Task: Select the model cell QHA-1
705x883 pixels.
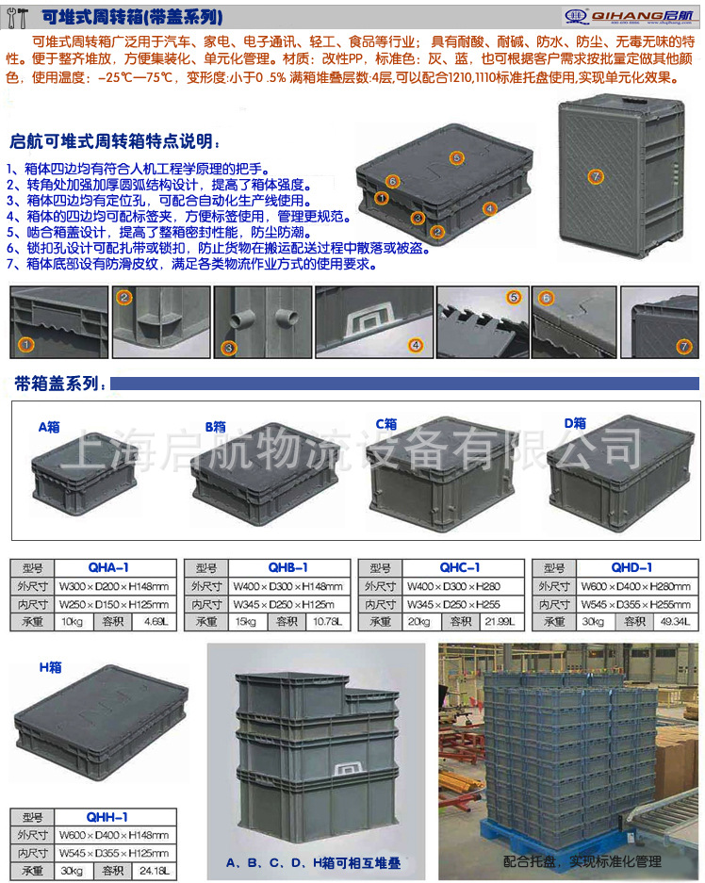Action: (x=107, y=567)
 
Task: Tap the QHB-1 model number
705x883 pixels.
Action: (x=287, y=567)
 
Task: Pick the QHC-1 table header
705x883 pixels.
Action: (x=460, y=567)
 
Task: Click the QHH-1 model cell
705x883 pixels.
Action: (x=107, y=817)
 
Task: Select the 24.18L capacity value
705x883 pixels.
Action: (x=155, y=870)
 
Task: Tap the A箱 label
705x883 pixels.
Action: (x=50, y=426)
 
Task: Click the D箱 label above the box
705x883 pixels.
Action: (x=575, y=423)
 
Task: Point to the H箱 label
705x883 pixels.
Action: (x=50, y=666)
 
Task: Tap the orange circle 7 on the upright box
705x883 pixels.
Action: (x=595, y=175)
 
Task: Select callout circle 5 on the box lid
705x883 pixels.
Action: (x=456, y=157)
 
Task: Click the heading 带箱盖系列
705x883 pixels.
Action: (x=57, y=384)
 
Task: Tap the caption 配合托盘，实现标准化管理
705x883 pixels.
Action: (x=582, y=860)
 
